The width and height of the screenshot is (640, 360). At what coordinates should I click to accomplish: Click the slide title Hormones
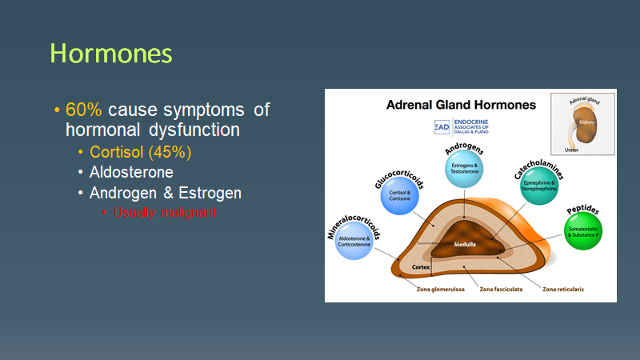click(x=110, y=53)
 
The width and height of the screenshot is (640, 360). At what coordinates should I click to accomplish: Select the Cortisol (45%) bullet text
click(x=140, y=151)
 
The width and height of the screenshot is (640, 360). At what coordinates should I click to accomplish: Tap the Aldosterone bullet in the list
click(x=131, y=172)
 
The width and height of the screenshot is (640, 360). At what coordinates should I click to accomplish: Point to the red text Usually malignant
click(x=165, y=213)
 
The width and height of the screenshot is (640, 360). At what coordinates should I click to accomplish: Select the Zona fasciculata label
click(x=501, y=289)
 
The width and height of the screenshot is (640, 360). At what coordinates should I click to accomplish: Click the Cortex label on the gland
click(x=422, y=266)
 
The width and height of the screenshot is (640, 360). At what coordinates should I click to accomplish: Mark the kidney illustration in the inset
click(x=585, y=130)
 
